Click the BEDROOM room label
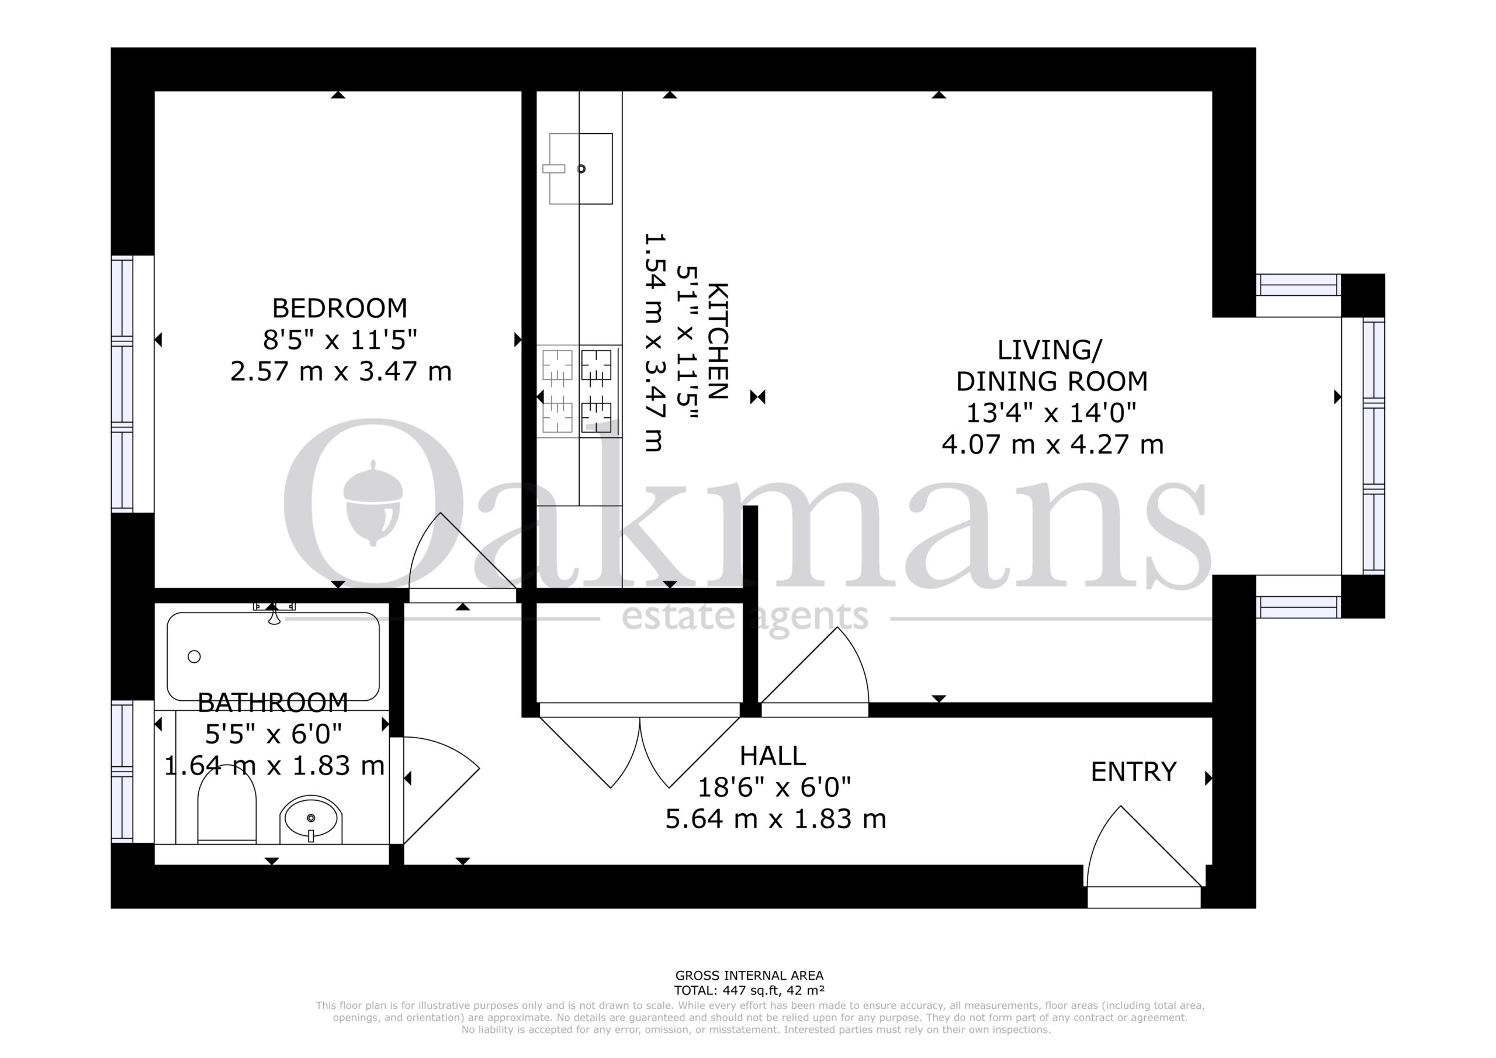click(x=340, y=307)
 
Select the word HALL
click(x=773, y=756)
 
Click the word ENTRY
click(x=1134, y=772)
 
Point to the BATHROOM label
click(x=273, y=703)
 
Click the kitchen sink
click(x=580, y=169)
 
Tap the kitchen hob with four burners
click(x=579, y=391)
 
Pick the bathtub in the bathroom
click(x=273, y=656)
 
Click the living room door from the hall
click(x=815, y=672)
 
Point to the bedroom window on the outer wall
click(x=123, y=384)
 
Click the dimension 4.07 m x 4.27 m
click(x=1052, y=445)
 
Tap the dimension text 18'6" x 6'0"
click(x=774, y=787)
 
